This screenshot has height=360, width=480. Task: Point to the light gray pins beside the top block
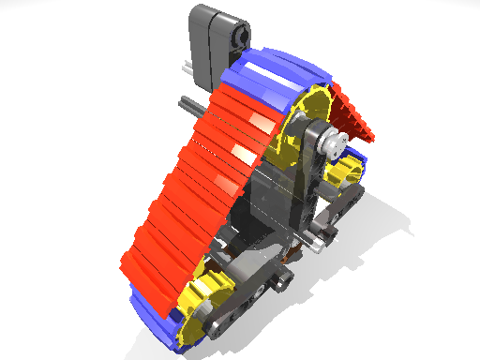(x=185, y=67)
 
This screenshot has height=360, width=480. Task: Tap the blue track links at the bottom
(x=150, y=319)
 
